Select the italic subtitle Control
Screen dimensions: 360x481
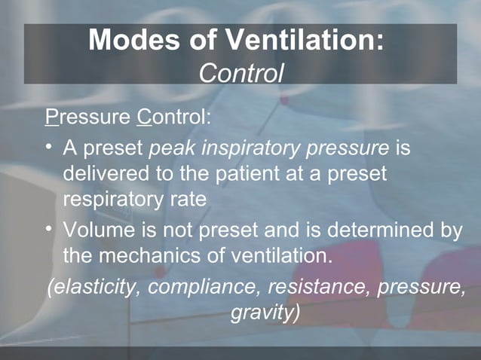coord(240,73)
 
